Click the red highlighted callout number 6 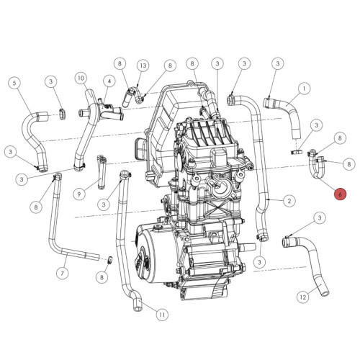pyautogui.click(x=341, y=194)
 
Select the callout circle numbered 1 pyautogui.click(x=305, y=89)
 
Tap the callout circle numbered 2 pyautogui.click(x=289, y=200)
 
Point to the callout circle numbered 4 pyautogui.click(x=109, y=81)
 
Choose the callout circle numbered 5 pyautogui.click(x=15, y=83)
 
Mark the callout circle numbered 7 pyautogui.click(x=63, y=273)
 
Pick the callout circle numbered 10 pyautogui.click(x=81, y=77)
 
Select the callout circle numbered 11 pyautogui.click(x=161, y=315)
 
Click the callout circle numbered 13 pyautogui.click(x=143, y=66)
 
